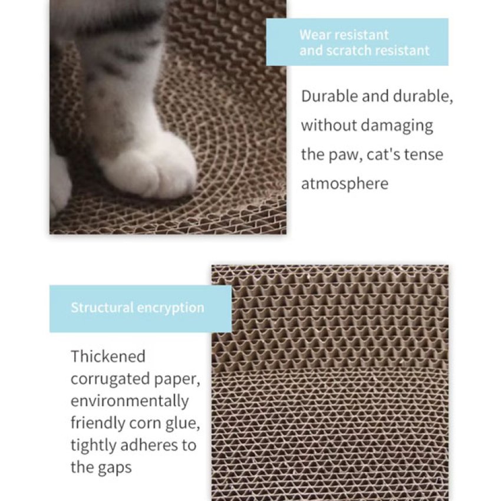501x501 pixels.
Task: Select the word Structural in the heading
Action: tap(102, 308)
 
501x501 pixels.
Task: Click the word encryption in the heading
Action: tap(170, 308)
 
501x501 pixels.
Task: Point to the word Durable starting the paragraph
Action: tap(329, 96)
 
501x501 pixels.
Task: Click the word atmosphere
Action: tap(345, 184)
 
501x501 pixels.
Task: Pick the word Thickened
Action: tap(108, 356)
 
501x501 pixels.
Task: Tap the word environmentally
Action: tap(130, 401)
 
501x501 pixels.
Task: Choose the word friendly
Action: tap(98, 423)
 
